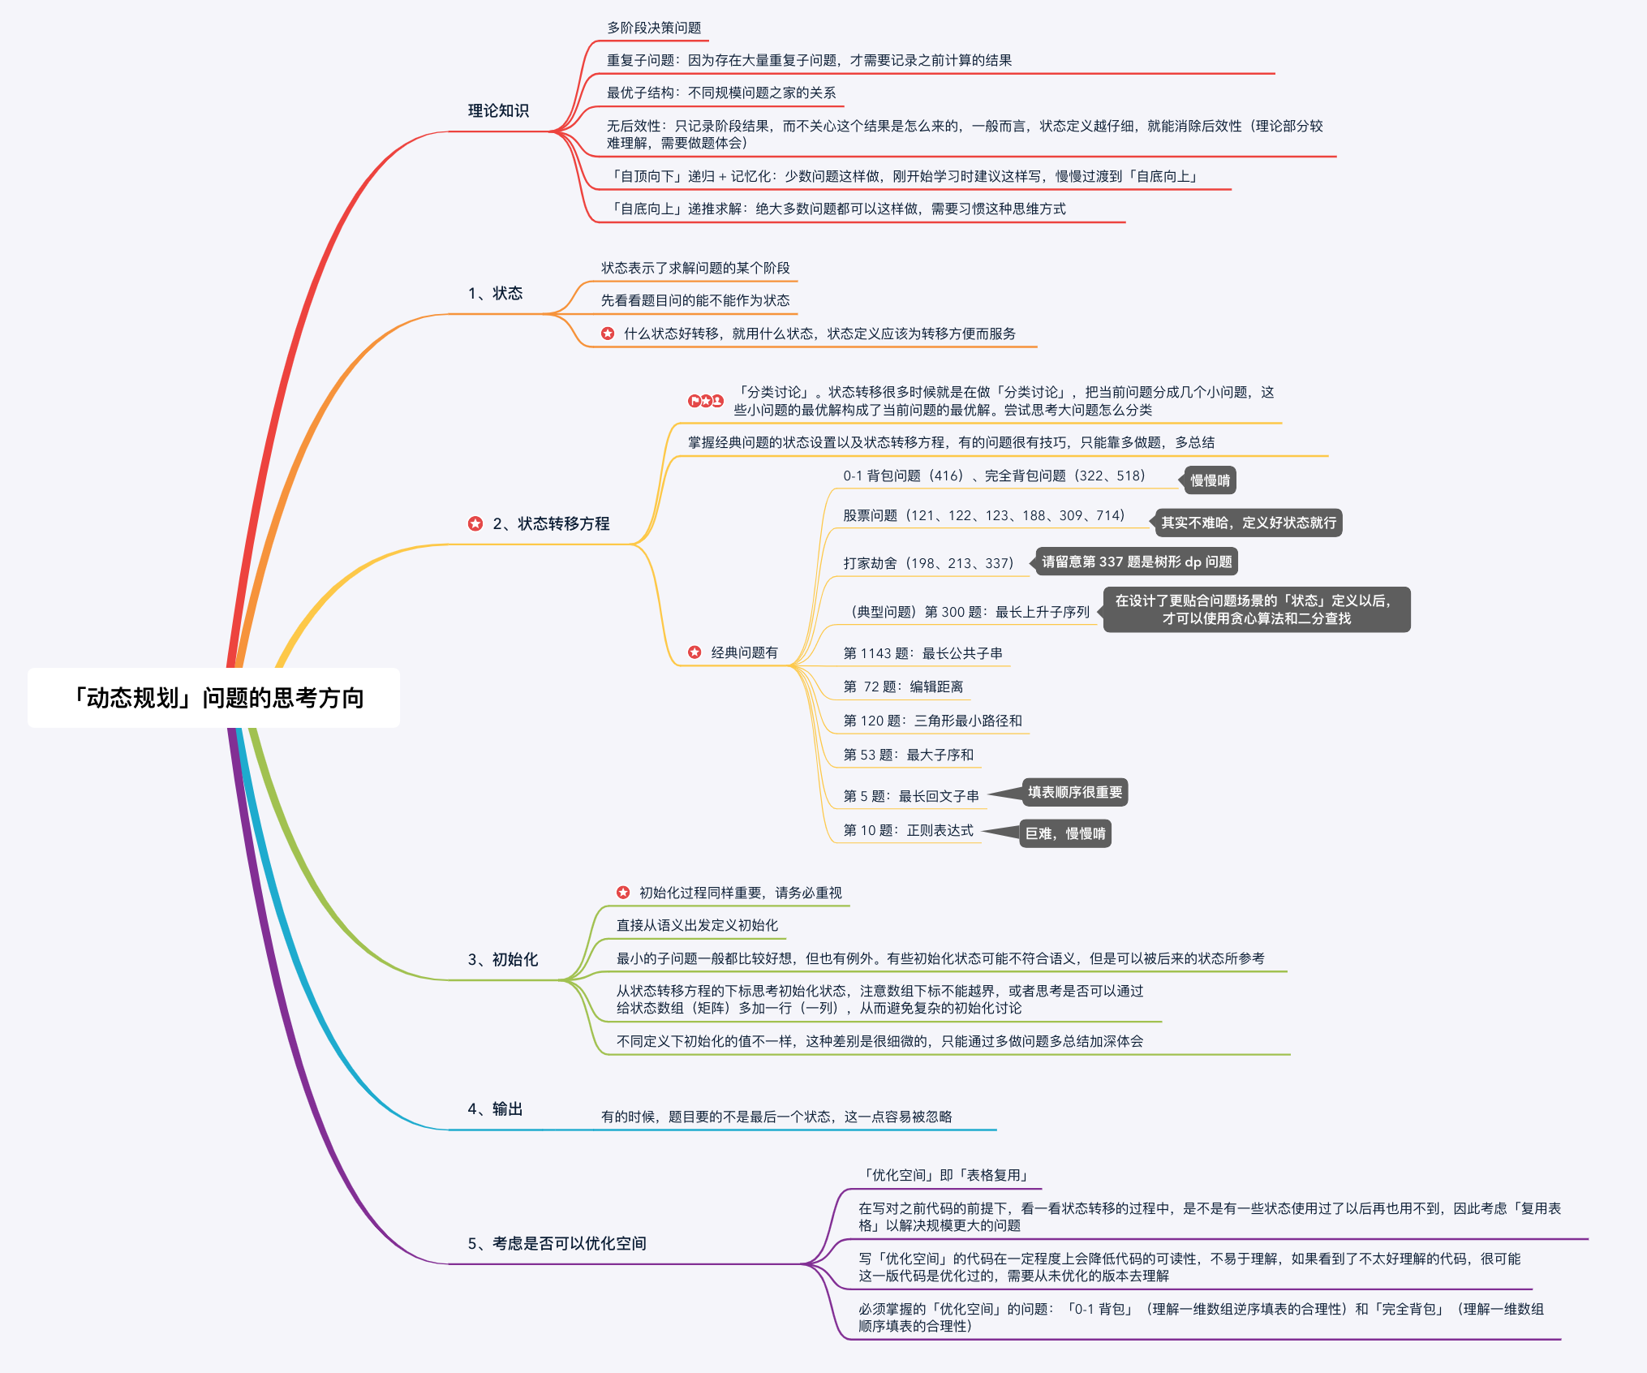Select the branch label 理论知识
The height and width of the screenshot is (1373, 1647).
pyautogui.click(x=498, y=110)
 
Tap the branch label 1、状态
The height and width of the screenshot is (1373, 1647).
pyautogui.click(x=495, y=293)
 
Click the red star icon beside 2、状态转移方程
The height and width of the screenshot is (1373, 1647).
pyautogui.click(x=475, y=523)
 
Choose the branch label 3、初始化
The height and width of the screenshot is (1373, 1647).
pyautogui.click(x=502, y=959)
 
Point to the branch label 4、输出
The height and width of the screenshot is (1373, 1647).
pyautogui.click(x=495, y=1108)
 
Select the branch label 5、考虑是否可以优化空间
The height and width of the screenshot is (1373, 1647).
pyautogui.click(x=557, y=1243)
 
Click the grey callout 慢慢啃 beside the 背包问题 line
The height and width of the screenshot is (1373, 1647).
pyautogui.click(x=1210, y=480)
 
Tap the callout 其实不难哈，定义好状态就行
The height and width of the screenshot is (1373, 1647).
pyautogui.click(x=1248, y=523)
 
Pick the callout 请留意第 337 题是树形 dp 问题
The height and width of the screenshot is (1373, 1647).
pyautogui.click(x=1136, y=562)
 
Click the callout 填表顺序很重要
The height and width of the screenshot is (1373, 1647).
pyautogui.click(x=1074, y=792)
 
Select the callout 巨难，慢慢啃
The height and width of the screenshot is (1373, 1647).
pyautogui.click(x=1064, y=833)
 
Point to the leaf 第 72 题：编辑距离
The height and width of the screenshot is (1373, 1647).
pyautogui.click(x=903, y=686)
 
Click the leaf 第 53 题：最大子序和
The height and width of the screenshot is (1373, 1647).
pyautogui.click(x=908, y=755)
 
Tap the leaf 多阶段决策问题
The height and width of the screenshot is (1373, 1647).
pyautogui.click(x=654, y=28)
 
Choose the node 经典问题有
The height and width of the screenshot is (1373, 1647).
pyautogui.click(x=744, y=652)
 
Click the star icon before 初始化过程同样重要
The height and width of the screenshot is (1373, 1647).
pyautogui.click(x=623, y=893)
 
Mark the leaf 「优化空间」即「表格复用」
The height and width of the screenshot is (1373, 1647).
pyautogui.click(x=946, y=1175)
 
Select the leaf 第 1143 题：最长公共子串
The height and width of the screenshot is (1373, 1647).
pyautogui.click(x=922, y=653)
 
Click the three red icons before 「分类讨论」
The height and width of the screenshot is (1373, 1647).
pyautogui.click(x=705, y=401)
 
